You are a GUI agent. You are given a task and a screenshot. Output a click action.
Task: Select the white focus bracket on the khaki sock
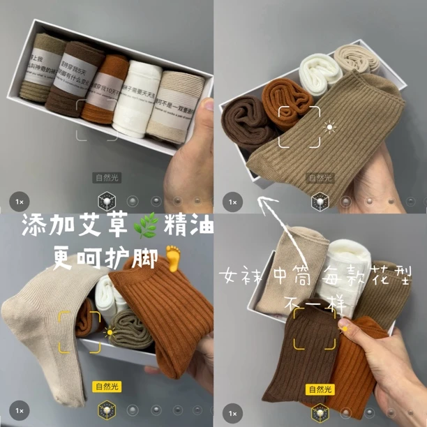pos(299,128)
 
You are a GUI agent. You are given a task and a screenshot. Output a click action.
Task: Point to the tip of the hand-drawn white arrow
pos(258,200)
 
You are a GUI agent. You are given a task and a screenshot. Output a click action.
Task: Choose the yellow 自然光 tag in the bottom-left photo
pos(107,386)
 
